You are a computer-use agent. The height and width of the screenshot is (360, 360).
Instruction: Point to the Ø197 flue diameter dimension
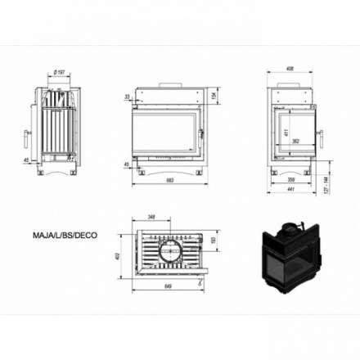point(59,73)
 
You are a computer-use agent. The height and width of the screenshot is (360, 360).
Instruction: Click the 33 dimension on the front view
point(128,97)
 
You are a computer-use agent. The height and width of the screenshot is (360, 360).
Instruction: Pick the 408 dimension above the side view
point(290,69)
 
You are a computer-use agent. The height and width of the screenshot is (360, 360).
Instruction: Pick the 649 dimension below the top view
point(167,286)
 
